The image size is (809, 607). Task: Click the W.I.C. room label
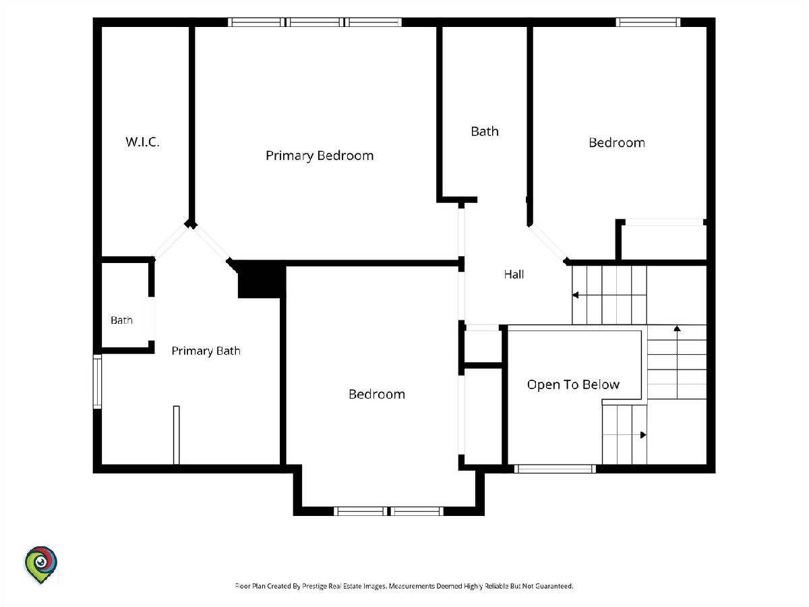click(x=142, y=142)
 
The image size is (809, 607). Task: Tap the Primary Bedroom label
click(x=320, y=156)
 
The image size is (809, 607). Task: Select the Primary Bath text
click(x=206, y=351)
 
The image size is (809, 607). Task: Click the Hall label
click(x=514, y=274)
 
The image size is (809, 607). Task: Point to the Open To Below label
click(x=573, y=384)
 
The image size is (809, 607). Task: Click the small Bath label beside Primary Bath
click(x=121, y=320)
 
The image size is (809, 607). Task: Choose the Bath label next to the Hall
click(x=485, y=132)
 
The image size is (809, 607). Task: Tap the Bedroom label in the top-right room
click(x=617, y=143)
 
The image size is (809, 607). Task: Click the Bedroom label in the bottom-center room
click(x=377, y=395)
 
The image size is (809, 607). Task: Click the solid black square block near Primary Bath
click(x=261, y=279)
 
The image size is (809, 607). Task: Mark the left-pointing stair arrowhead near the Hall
click(x=575, y=295)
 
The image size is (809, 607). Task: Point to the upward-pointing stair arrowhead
click(x=677, y=328)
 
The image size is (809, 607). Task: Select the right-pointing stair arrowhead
click(x=643, y=435)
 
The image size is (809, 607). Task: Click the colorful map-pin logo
click(x=41, y=565)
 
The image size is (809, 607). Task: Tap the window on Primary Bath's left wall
click(x=97, y=382)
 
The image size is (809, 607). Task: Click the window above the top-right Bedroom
click(x=648, y=22)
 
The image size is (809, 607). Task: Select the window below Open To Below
click(x=555, y=469)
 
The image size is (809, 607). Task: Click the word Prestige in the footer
click(x=314, y=586)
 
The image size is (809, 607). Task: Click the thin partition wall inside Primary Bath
click(x=177, y=435)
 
